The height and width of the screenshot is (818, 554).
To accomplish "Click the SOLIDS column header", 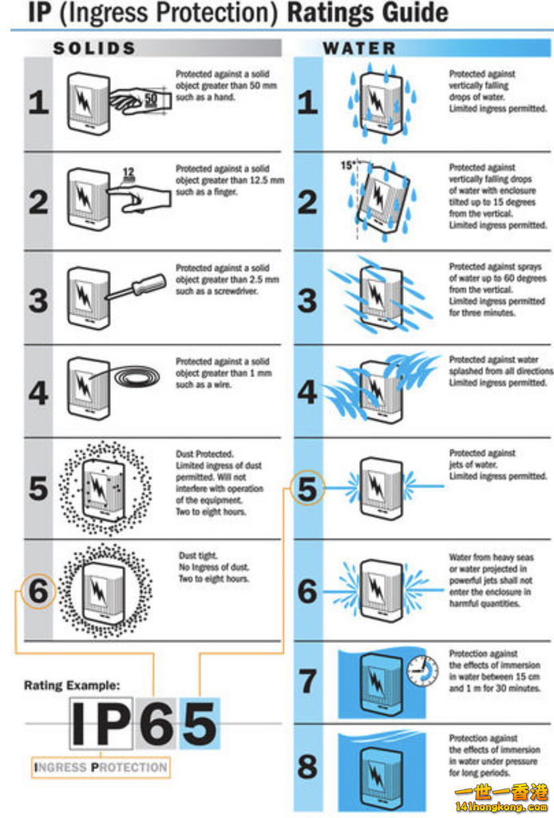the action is click(94, 49).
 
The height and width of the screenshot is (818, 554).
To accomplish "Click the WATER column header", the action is click(359, 49).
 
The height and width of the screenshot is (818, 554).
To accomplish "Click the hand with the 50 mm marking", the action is click(140, 100).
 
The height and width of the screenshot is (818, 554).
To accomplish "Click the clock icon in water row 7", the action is click(422, 671).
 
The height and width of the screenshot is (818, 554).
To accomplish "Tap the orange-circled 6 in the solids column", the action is click(38, 591).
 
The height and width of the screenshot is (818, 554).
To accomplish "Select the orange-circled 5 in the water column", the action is click(307, 488).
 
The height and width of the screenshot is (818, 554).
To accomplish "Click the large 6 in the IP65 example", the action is click(156, 724).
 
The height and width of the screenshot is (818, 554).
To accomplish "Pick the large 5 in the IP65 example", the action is click(199, 724).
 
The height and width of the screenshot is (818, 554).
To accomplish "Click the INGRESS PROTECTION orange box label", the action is click(101, 768).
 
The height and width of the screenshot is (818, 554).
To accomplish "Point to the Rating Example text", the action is click(72, 685).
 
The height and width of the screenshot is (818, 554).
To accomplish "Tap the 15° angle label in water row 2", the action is click(348, 165).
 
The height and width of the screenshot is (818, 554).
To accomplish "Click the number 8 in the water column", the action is click(307, 766).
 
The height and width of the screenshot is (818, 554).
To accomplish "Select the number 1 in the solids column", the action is click(38, 102).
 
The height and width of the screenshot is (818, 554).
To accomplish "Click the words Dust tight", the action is click(198, 556).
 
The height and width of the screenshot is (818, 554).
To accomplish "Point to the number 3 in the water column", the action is click(307, 300).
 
